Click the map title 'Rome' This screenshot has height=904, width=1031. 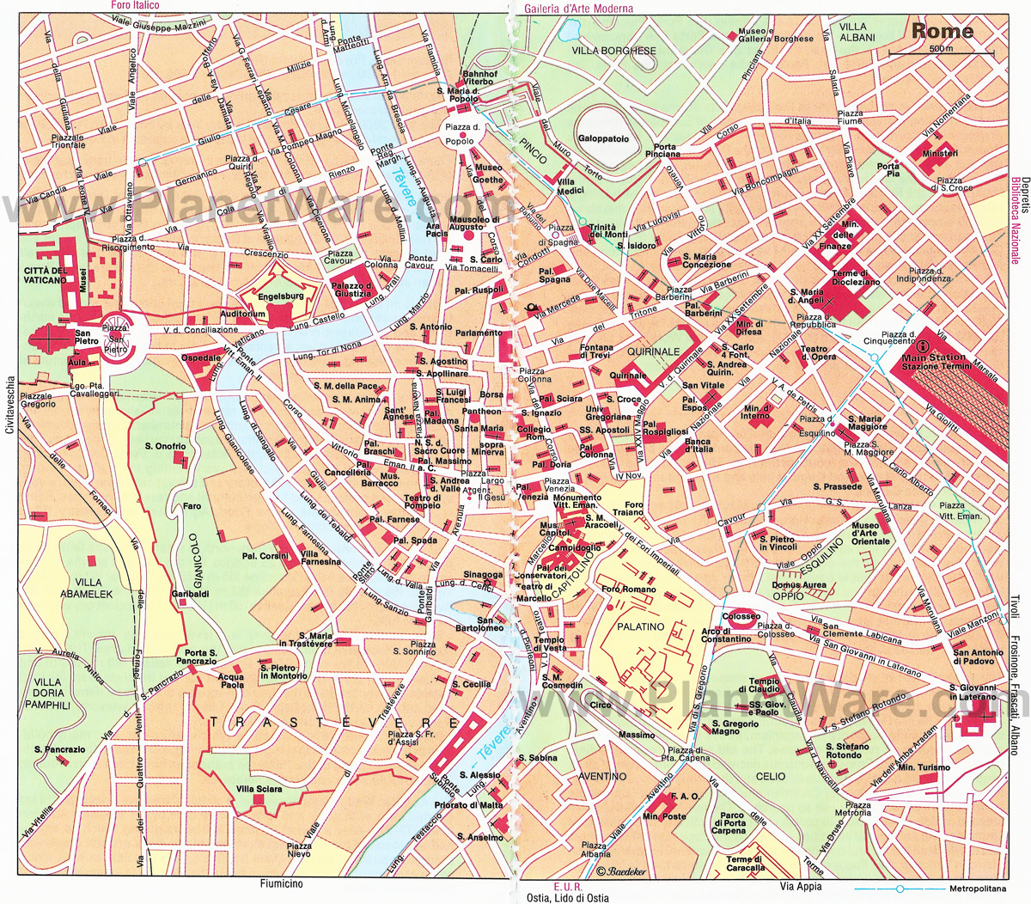(x=943, y=32)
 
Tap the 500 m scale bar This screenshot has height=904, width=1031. (x=942, y=53)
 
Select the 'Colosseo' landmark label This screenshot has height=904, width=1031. (x=741, y=617)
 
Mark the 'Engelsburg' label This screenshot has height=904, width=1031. (x=281, y=296)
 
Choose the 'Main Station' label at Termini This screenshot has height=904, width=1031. (x=933, y=357)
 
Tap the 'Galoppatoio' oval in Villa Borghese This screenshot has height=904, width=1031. (x=603, y=138)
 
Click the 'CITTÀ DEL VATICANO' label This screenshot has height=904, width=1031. (x=46, y=275)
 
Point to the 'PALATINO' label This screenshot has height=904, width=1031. (x=640, y=626)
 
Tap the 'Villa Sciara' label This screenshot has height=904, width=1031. (x=259, y=789)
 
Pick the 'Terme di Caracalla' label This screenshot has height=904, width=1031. (x=745, y=863)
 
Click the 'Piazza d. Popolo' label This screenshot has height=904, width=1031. (x=460, y=134)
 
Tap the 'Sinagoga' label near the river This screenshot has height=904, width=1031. (x=482, y=575)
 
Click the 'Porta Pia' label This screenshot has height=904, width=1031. (x=888, y=169)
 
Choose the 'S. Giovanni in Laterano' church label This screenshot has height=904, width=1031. (x=973, y=693)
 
